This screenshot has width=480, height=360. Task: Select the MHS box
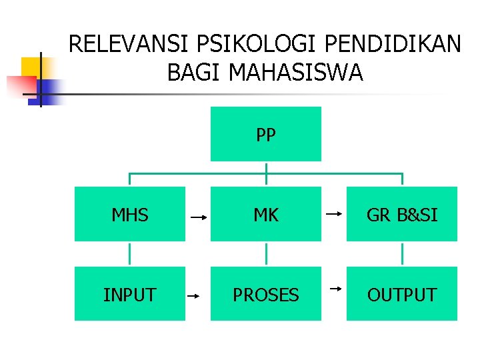129,214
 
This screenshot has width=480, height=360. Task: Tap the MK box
265,214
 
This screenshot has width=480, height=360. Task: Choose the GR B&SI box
402,214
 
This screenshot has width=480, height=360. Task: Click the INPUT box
129,294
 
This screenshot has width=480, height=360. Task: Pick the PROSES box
265,294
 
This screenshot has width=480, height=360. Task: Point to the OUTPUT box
402,294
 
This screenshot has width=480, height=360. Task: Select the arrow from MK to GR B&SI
334,214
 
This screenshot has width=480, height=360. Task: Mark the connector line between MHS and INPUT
129,254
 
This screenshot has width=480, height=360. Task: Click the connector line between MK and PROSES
266,254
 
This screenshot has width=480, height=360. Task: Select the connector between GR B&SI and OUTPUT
403,254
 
